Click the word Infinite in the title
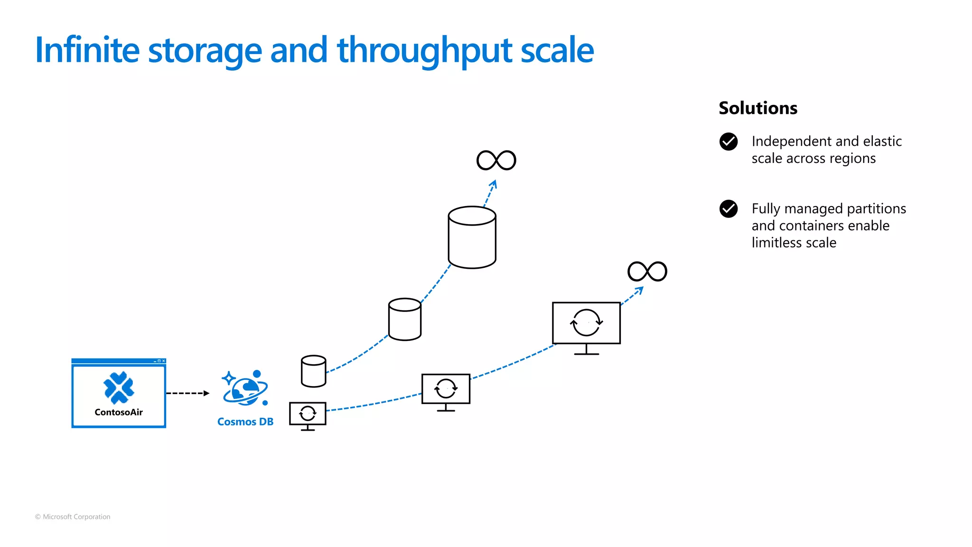pyautogui.click(x=87, y=50)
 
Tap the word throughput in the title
pyautogui.click(x=424, y=50)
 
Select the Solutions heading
pyautogui.click(x=758, y=108)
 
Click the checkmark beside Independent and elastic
pyautogui.click(x=729, y=141)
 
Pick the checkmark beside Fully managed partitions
pyautogui.click(x=729, y=209)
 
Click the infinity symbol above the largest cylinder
pyautogui.click(x=496, y=160)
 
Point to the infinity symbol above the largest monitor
pyautogui.click(x=647, y=272)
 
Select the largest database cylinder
pyautogui.click(x=472, y=237)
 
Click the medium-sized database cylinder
pyautogui.click(x=404, y=319)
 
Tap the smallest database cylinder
pyautogui.click(x=313, y=371)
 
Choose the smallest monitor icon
pyautogui.click(x=308, y=415)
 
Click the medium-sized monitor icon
pyautogui.click(x=446, y=391)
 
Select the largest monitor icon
pyautogui.click(x=586, y=325)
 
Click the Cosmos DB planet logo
pyautogui.click(x=245, y=388)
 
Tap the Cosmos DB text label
pyautogui.click(x=245, y=422)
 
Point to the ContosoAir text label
pyautogui.click(x=119, y=412)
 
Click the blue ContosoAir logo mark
pyautogui.click(x=119, y=387)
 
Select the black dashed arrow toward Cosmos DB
pyautogui.click(x=187, y=393)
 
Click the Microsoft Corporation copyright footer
pyautogui.click(x=73, y=517)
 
